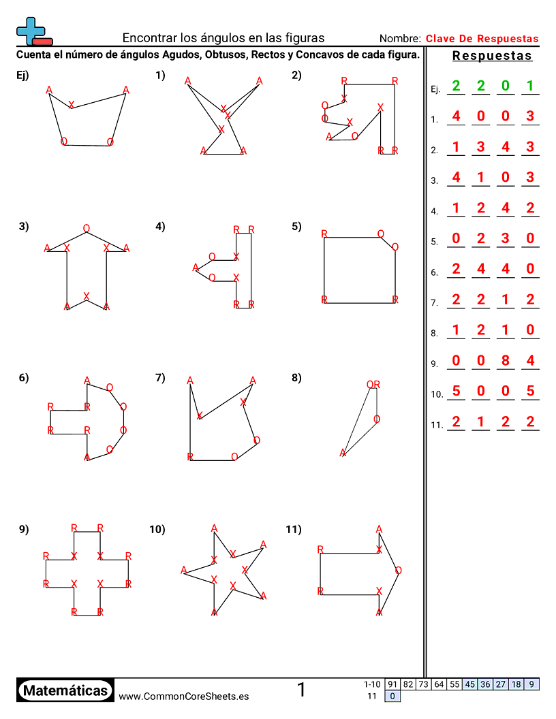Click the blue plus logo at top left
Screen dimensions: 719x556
[x=31, y=30]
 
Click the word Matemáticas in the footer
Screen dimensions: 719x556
[x=65, y=691]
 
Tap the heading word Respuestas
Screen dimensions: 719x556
[x=492, y=56]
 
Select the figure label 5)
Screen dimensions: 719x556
[x=296, y=227]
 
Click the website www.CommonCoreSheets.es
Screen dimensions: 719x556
[x=183, y=696]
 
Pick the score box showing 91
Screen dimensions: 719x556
[x=392, y=684]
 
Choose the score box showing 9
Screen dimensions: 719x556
[x=531, y=684]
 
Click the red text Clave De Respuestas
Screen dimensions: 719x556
[x=482, y=39]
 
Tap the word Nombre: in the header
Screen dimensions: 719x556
[x=400, y=39]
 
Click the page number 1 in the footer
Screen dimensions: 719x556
[x=301, y=690]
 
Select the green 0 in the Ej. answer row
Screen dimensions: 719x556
[x=505, y=86]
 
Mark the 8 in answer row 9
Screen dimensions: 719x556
[x=505, y=360]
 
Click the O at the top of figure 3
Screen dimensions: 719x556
[x=86, y=228]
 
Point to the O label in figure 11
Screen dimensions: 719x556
[x=398, y=571]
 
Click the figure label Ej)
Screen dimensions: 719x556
[x=22, y=76]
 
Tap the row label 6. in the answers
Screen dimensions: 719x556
[x=434, y=272]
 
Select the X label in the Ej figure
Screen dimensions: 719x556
[x=72, y=104]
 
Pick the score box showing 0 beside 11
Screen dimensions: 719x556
[x=392, y=696]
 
